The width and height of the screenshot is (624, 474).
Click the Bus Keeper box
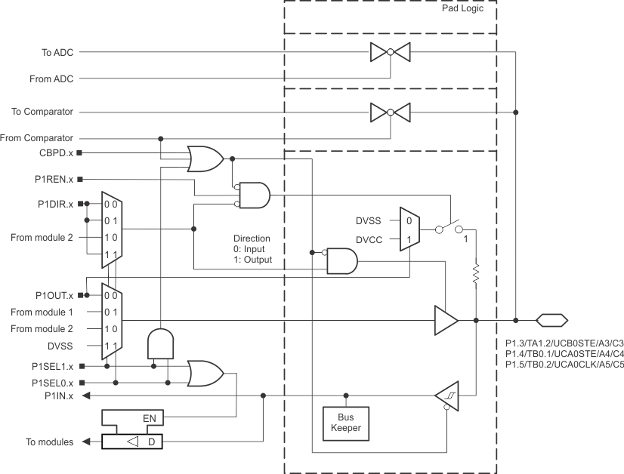coord(345,423)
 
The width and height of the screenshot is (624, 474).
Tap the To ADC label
coord(57,53)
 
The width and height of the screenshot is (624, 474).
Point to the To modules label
coord(50,442)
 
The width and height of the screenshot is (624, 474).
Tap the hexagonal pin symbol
coord(551,320)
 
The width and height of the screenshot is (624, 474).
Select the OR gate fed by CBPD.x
coord(205,158)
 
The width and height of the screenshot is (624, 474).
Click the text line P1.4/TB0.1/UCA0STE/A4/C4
coord(564,352)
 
